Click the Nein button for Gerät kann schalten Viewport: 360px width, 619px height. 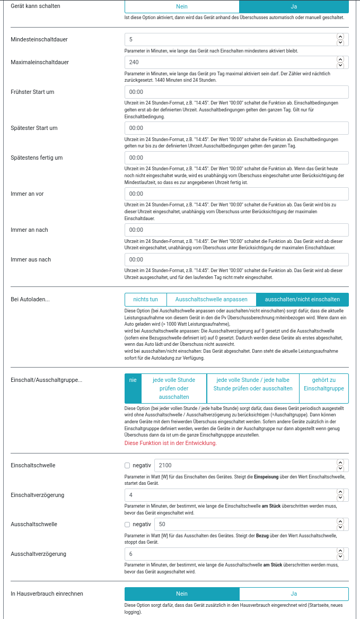pos(182,6)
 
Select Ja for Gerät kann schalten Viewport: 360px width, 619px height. pos(294,6)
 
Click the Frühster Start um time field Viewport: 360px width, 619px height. pos(236,92)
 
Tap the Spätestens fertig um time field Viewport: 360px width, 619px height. pos(236,158)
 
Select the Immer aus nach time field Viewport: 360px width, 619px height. pos(236,259)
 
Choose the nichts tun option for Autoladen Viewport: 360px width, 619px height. pos(146,299)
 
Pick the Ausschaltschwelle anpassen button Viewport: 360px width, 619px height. pos(212,299)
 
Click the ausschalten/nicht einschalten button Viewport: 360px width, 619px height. pos(302,299)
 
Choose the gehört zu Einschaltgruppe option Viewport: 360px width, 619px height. pos(323,384)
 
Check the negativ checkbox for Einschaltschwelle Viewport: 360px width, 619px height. pos(127,466)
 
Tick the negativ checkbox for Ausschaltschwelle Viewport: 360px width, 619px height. pos(127,525)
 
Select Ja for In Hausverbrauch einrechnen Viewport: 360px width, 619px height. pos(294,594)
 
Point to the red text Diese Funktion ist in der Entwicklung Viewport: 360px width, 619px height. pos(170,443)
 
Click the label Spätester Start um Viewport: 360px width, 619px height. pos(34,128)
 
